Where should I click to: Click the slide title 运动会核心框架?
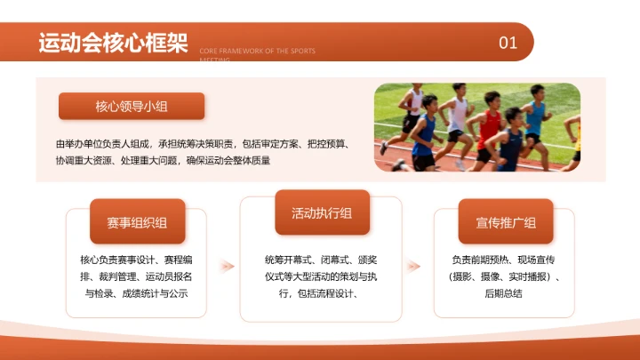point(112,43)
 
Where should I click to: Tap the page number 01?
point(508,43)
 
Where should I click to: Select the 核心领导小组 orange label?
point(132,107)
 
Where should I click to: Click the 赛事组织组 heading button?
point(137,222)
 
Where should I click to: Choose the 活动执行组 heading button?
point(321,212)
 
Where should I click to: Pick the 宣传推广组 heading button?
point(506,222)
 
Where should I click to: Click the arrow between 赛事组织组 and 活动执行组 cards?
point(228,265)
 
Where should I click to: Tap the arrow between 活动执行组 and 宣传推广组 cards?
point(412,265)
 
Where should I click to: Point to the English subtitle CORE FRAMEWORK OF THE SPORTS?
point(258,52)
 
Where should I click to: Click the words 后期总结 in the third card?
point(504,293)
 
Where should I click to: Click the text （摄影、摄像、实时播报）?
point(504,276)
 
